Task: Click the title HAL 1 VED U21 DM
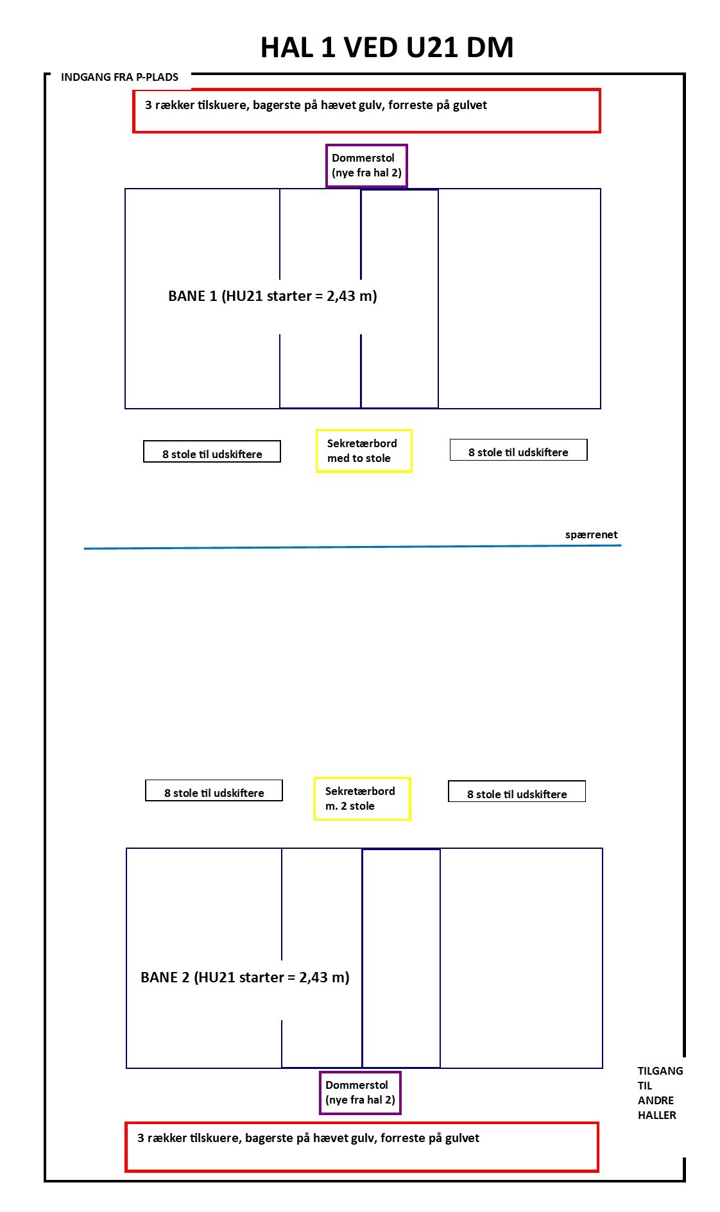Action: tap(387, 47)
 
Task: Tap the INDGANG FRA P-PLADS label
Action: tap(119, 77)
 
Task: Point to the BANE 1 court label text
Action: tap(273, 296)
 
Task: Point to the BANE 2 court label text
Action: tap(245, 977)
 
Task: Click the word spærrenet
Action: tap(591, 534)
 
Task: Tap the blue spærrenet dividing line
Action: tap(352, 547)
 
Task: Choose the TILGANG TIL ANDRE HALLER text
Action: tap(660, 1093)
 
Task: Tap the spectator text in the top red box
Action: tap(316, 105)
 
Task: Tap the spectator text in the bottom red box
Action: tap(308, 1138)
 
